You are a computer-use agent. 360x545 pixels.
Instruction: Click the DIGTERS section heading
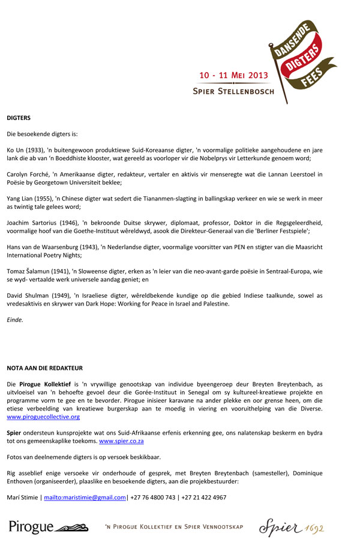coord(19,118)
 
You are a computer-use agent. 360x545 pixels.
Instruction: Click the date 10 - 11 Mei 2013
coord(233,76)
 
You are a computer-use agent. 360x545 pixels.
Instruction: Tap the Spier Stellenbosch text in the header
coord(233,92)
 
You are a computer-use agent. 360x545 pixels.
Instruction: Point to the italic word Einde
coord(15,320)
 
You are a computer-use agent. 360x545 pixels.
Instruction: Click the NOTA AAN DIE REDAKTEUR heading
coord(44,368)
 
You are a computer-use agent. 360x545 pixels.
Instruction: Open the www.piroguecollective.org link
coord(43,417)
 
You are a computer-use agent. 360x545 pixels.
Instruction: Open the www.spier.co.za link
coord(121,441)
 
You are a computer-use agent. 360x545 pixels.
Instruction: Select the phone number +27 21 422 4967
coord(203,498)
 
